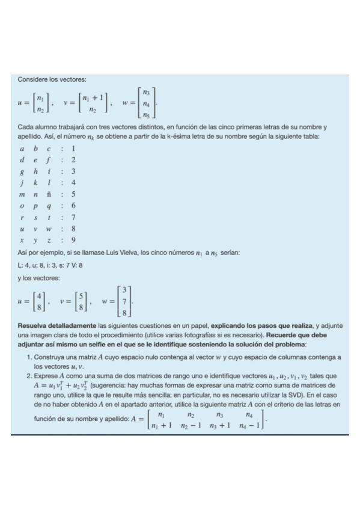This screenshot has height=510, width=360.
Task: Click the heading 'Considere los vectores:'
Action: click(52, 79)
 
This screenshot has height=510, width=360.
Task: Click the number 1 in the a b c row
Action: click(73, 149)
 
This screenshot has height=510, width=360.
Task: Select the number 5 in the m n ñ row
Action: click(73, 194)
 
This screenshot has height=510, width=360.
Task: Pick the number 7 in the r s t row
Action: click(73, 217)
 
